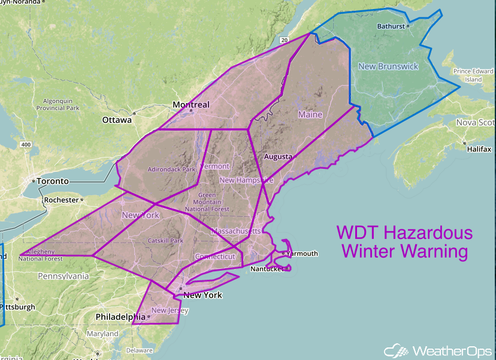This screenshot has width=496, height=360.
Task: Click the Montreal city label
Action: (x=191, y=105)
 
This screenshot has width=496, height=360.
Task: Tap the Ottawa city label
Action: (x=117, y=120)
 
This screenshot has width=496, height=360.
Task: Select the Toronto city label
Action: (x=53, y=181)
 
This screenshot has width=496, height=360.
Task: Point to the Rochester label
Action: (x=62, y=199)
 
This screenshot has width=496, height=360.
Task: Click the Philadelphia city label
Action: (x=120, y=316)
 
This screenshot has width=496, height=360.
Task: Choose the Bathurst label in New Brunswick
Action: (x=392, y=26)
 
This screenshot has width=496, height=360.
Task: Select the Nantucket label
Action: (x=267, y=269)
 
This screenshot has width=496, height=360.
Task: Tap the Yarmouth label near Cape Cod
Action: (x=302, y=253)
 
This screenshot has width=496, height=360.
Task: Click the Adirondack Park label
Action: (x=172, y=170)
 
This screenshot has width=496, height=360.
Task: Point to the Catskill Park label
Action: (x=165, y=241)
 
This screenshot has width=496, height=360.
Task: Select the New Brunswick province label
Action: (x=388, y=66)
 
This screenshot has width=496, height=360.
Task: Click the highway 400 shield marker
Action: (x=25, y=145)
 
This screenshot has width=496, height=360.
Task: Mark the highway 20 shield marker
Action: (x=283, y=40)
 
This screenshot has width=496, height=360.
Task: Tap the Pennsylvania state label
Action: (x=63, y=276)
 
